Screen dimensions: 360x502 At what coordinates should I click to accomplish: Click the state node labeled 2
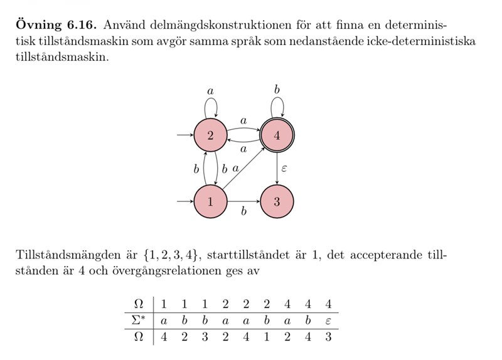coord(211,135)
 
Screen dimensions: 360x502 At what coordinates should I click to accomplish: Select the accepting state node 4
coord(277,135)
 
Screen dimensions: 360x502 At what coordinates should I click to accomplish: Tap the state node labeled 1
coord(211,202)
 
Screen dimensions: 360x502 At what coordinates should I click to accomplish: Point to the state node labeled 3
coord(277,202)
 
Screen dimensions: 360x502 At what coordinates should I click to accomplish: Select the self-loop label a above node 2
coord(211,91)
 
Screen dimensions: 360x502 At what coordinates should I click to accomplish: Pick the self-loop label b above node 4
coord(277,90)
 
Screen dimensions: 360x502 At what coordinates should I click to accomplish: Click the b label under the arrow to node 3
coord(244,213)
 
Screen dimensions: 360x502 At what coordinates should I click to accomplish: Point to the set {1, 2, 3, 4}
coord(171,256)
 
